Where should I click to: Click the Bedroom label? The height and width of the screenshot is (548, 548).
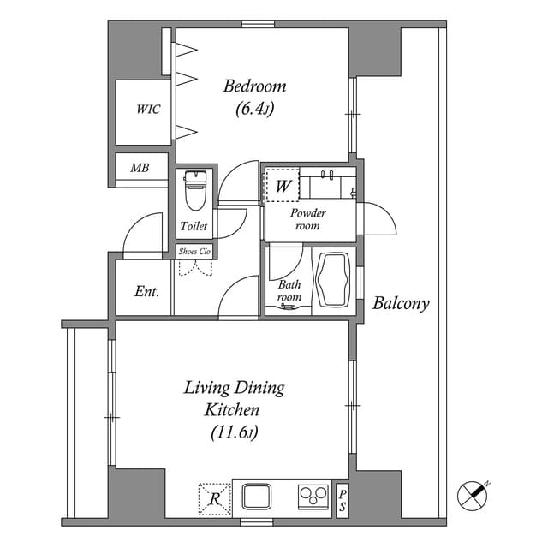254,86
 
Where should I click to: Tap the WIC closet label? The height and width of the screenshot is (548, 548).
148,110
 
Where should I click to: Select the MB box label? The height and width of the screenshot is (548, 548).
140,168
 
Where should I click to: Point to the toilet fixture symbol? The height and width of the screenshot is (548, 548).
195,189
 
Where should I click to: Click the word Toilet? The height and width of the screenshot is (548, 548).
194,227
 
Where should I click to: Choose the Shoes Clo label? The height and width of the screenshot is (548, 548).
194,252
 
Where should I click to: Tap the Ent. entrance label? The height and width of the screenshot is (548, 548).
147,291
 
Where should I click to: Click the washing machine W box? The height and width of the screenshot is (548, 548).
283,185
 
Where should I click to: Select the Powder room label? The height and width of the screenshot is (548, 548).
307,219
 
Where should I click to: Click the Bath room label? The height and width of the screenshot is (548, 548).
289,291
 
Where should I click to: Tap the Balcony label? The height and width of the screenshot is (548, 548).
401,303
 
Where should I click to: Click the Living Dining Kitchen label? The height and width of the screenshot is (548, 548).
234,398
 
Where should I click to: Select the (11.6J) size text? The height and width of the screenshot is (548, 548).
234,432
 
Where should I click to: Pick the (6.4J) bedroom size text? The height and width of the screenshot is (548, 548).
254,109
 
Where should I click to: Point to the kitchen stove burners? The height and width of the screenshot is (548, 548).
313,497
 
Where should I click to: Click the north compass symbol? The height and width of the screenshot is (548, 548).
474,495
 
